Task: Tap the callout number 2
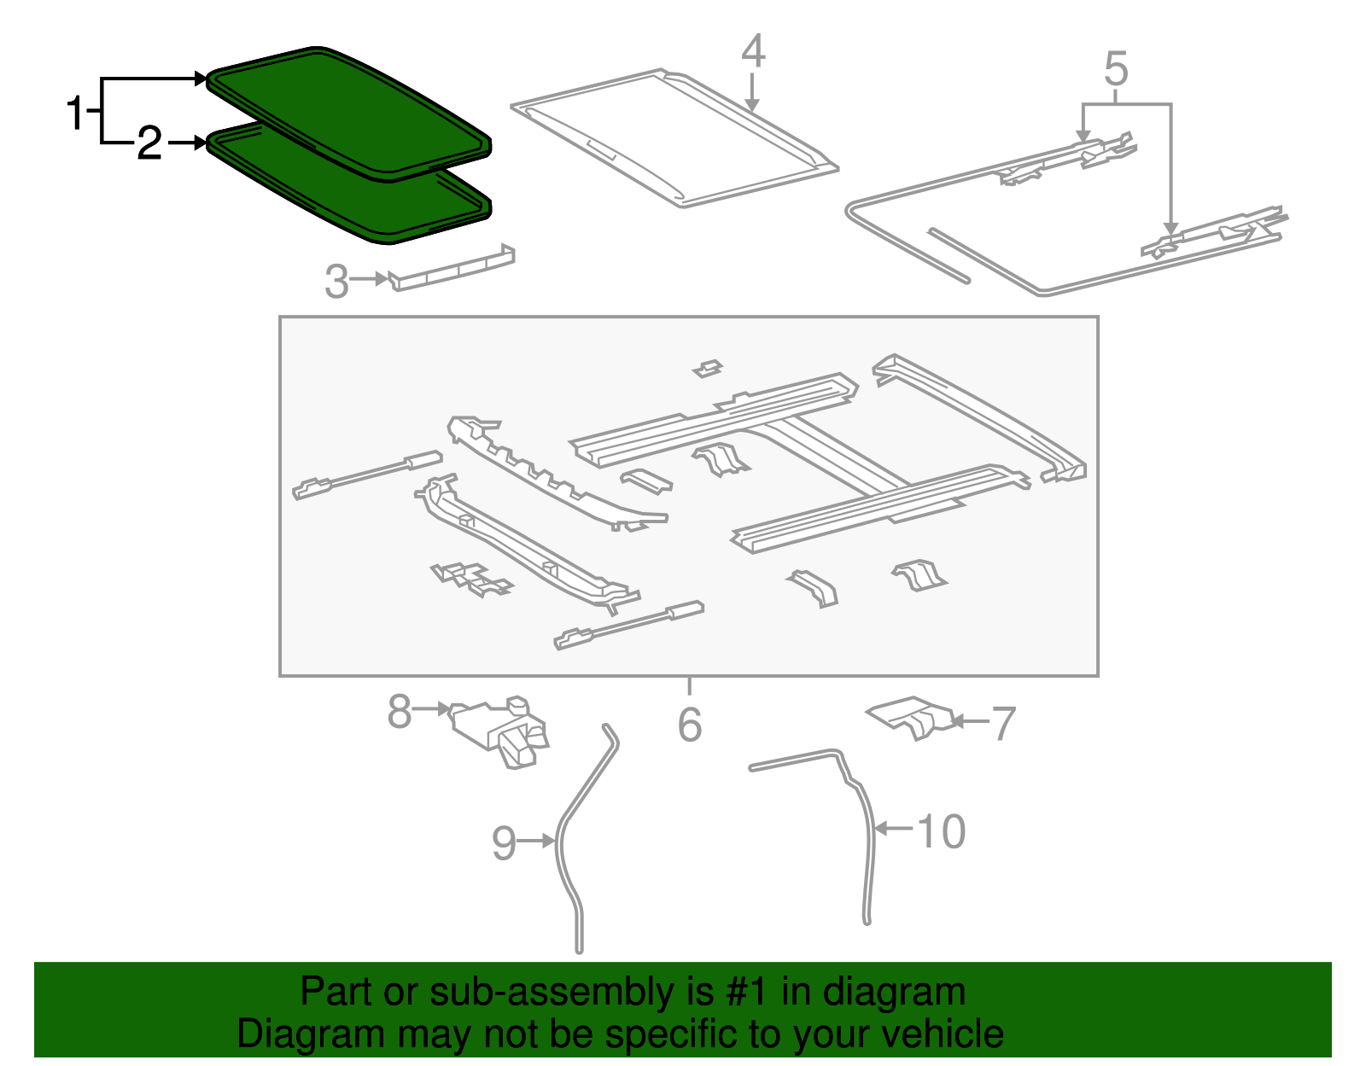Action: [x=149, y=143]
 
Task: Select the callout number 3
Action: [x=336, y=282]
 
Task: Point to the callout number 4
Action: [x=752, y=52]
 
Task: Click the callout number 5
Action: [x=1116, y=69]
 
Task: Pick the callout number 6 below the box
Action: [x=689, y=725]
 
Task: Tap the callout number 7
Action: [x=1002, y=723]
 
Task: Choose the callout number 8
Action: [x=399, y=711]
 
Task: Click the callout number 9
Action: [x=504, y=843]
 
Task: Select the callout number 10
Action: [x=941, y=831]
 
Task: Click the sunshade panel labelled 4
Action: [x=674, y=137]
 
